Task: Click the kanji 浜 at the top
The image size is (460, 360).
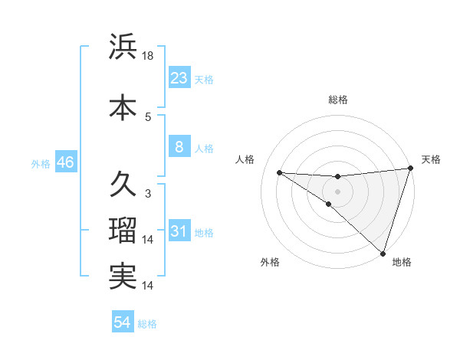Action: pos(123,47)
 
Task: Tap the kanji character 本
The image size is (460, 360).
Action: pos(123,106)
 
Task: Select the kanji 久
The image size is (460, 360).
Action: pos(123,184)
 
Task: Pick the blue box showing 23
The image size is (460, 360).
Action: pos(179,78)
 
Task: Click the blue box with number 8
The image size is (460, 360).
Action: pos(179,147)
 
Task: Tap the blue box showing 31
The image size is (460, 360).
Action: pos(179,231)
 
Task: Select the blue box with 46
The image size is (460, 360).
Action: pos(64,162)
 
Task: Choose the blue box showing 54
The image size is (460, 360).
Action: pos(122,322)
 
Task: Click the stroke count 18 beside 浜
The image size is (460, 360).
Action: pos(149,55)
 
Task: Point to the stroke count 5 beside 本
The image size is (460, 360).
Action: pos(148,116)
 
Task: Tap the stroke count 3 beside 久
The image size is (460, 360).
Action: pos(148,194)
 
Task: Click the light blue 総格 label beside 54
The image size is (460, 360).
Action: pos(147,324)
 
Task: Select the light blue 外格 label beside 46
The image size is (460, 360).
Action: pos(40,163)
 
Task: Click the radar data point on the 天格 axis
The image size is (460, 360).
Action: pos(410,169)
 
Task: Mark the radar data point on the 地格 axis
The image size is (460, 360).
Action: pos(382,253)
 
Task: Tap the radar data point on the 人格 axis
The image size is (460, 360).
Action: pos(279,172)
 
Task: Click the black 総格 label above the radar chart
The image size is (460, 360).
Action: pos(337,100)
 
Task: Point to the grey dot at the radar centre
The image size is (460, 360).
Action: pos(337,191)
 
